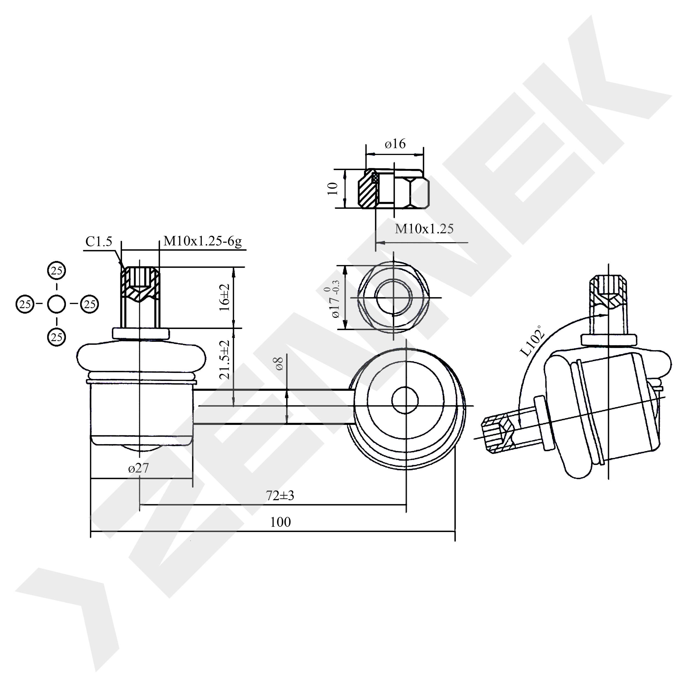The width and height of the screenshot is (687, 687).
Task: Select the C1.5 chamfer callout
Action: click(x=99, y=242)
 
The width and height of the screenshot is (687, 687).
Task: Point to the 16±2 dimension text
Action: click(x=225, y=298)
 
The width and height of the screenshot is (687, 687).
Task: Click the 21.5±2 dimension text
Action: click(x=225, y=359)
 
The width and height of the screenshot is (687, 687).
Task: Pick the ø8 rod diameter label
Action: click(x=279, y=363)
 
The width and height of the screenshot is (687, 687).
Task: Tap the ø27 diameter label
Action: click(x=139, y=468)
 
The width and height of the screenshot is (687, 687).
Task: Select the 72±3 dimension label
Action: click(x=280, y=495)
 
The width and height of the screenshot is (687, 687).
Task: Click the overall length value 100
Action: click(x=281, y=522)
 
